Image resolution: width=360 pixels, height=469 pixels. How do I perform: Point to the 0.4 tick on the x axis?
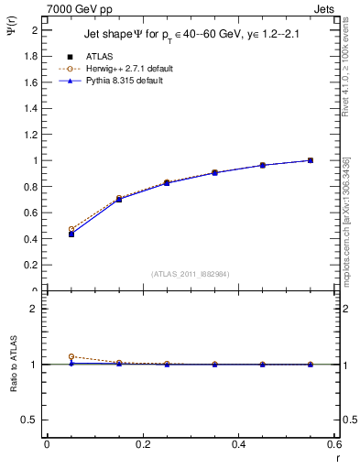[238, 444]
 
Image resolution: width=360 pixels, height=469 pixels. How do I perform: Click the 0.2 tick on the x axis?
[142, 444]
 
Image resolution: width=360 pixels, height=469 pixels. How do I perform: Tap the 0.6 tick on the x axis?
[334, 444]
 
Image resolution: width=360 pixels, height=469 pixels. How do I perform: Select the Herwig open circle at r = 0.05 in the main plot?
[71, 229]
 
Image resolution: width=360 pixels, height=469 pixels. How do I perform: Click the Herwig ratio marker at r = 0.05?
[71, 356]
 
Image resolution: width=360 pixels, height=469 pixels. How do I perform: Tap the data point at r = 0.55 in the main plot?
[311, 160]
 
